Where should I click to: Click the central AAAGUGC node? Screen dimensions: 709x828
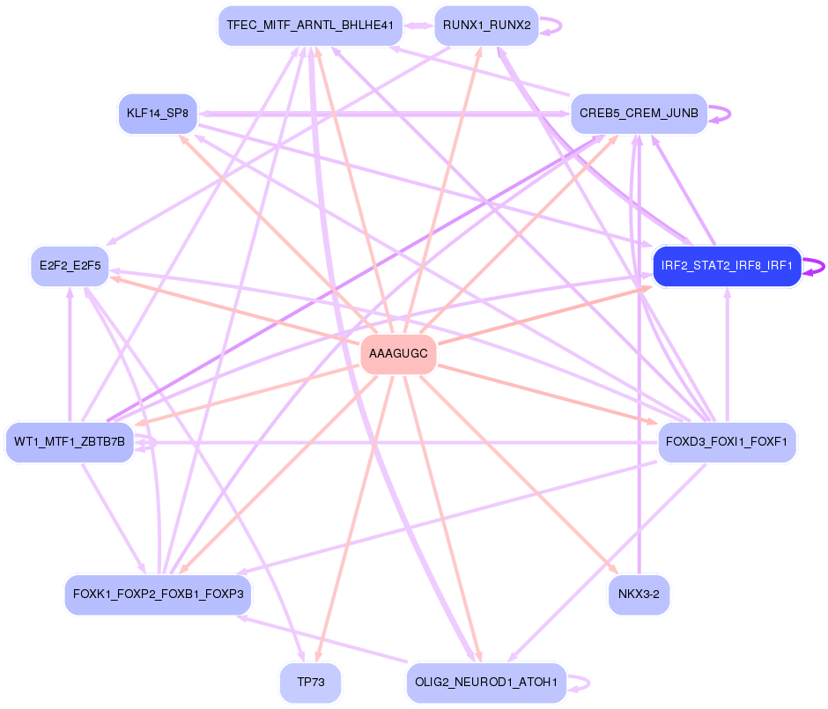(398, 354)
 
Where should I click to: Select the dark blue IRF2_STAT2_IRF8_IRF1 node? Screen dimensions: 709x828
(727, 266)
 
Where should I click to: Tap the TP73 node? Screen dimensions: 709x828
(310, 683)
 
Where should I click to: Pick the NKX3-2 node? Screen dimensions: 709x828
(639, 595)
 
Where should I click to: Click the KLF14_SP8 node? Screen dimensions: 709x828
(158, 114)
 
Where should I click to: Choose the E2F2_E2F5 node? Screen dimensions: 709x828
(70, 266)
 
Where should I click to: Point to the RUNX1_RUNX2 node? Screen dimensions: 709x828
(486, 26)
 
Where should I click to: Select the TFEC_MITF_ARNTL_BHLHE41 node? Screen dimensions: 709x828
(310, 26)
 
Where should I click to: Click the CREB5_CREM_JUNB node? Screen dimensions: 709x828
(639, 114)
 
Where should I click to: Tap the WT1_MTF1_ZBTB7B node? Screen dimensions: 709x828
(70, 442)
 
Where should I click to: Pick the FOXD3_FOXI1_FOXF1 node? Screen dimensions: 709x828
(727, 442)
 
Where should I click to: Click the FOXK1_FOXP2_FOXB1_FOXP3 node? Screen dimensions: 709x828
(159, 595)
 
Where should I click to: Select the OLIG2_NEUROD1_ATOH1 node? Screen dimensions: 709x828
(486, 683)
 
